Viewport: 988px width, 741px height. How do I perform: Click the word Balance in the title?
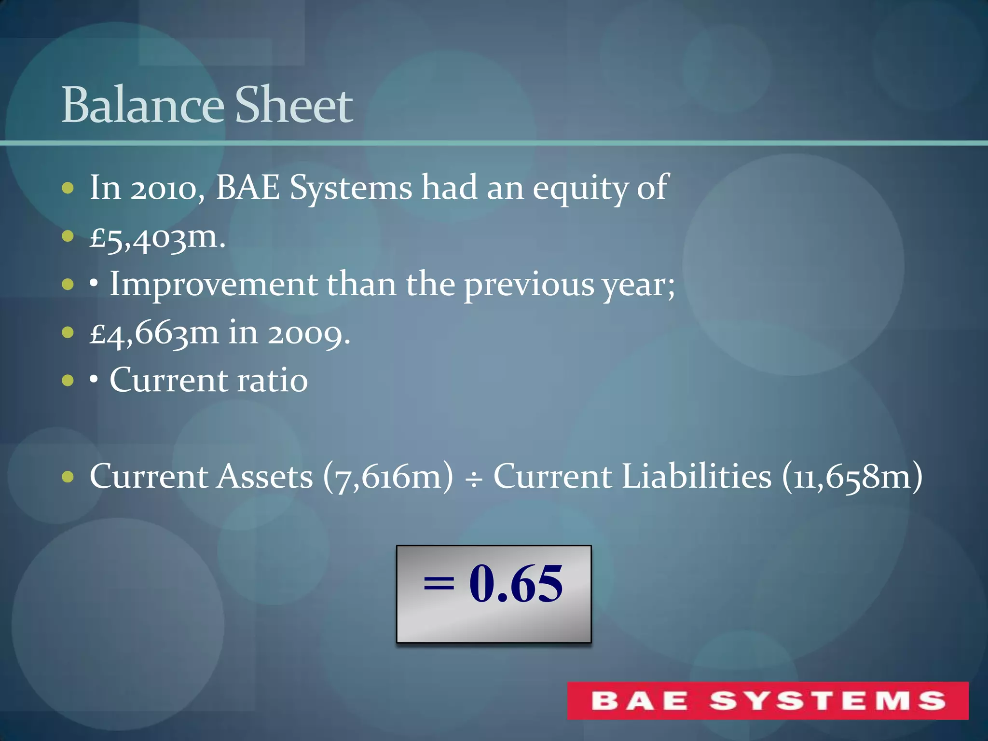click(x=143, y=105)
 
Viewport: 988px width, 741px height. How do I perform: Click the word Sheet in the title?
click(x=294, y=105)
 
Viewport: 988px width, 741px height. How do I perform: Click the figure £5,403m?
click(x=157, y=237)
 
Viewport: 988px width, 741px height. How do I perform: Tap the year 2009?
click(x=309, y=333)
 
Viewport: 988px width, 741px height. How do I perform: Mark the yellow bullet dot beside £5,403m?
click(x=68, y=236)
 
